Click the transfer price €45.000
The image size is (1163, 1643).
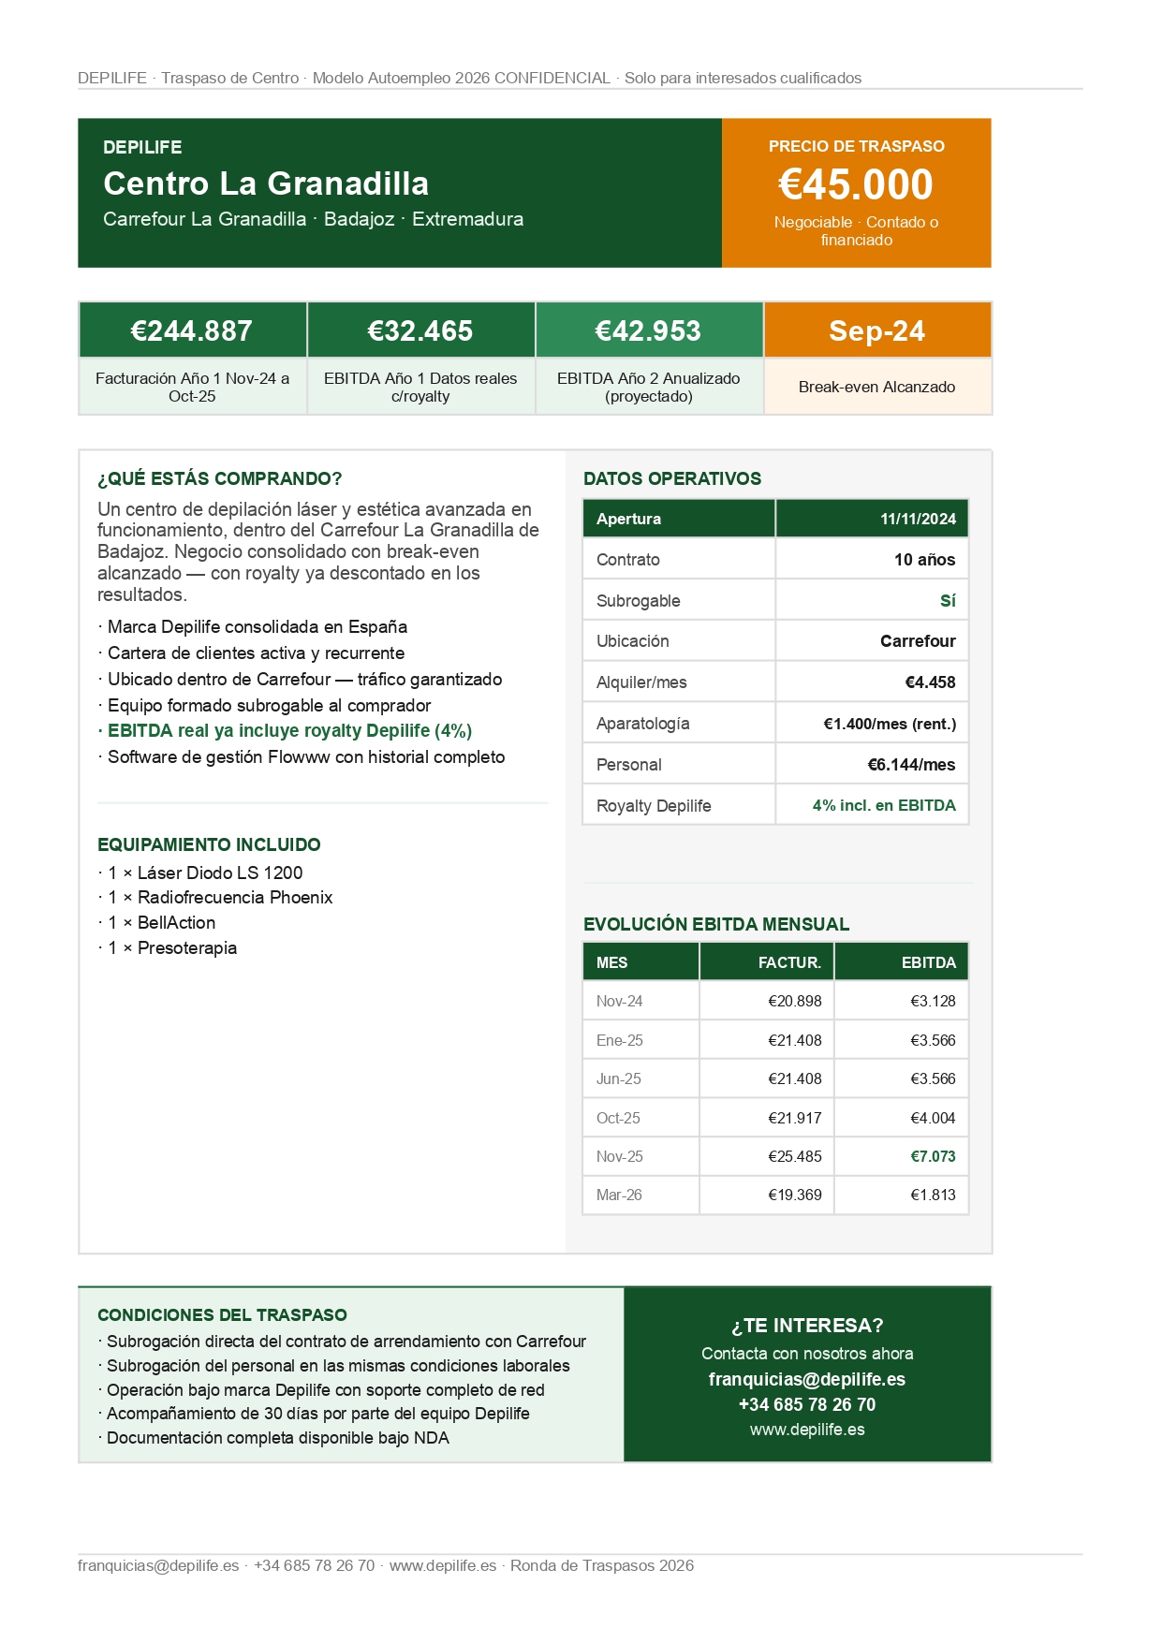855,184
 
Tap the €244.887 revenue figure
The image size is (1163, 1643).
192,330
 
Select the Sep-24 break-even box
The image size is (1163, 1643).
876,330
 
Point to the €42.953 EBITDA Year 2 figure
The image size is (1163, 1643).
648,330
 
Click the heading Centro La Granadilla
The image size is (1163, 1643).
266,183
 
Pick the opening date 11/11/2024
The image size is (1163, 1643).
918,519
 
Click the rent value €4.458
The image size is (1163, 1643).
930,682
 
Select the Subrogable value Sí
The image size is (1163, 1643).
948,601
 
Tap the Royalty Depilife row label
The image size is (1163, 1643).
654,806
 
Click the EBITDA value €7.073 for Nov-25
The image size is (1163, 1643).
933,1156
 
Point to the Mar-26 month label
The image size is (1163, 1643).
619,1195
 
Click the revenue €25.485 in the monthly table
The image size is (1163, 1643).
794,1156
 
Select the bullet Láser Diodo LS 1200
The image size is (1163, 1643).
206,873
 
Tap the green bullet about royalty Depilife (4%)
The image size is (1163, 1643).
289,731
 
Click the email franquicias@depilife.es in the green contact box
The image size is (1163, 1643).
806,1379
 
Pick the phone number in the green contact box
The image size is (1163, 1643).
806,1404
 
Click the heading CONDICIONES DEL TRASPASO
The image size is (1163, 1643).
222,1314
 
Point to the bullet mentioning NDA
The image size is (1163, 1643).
277,1438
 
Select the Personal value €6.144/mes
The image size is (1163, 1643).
911,765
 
